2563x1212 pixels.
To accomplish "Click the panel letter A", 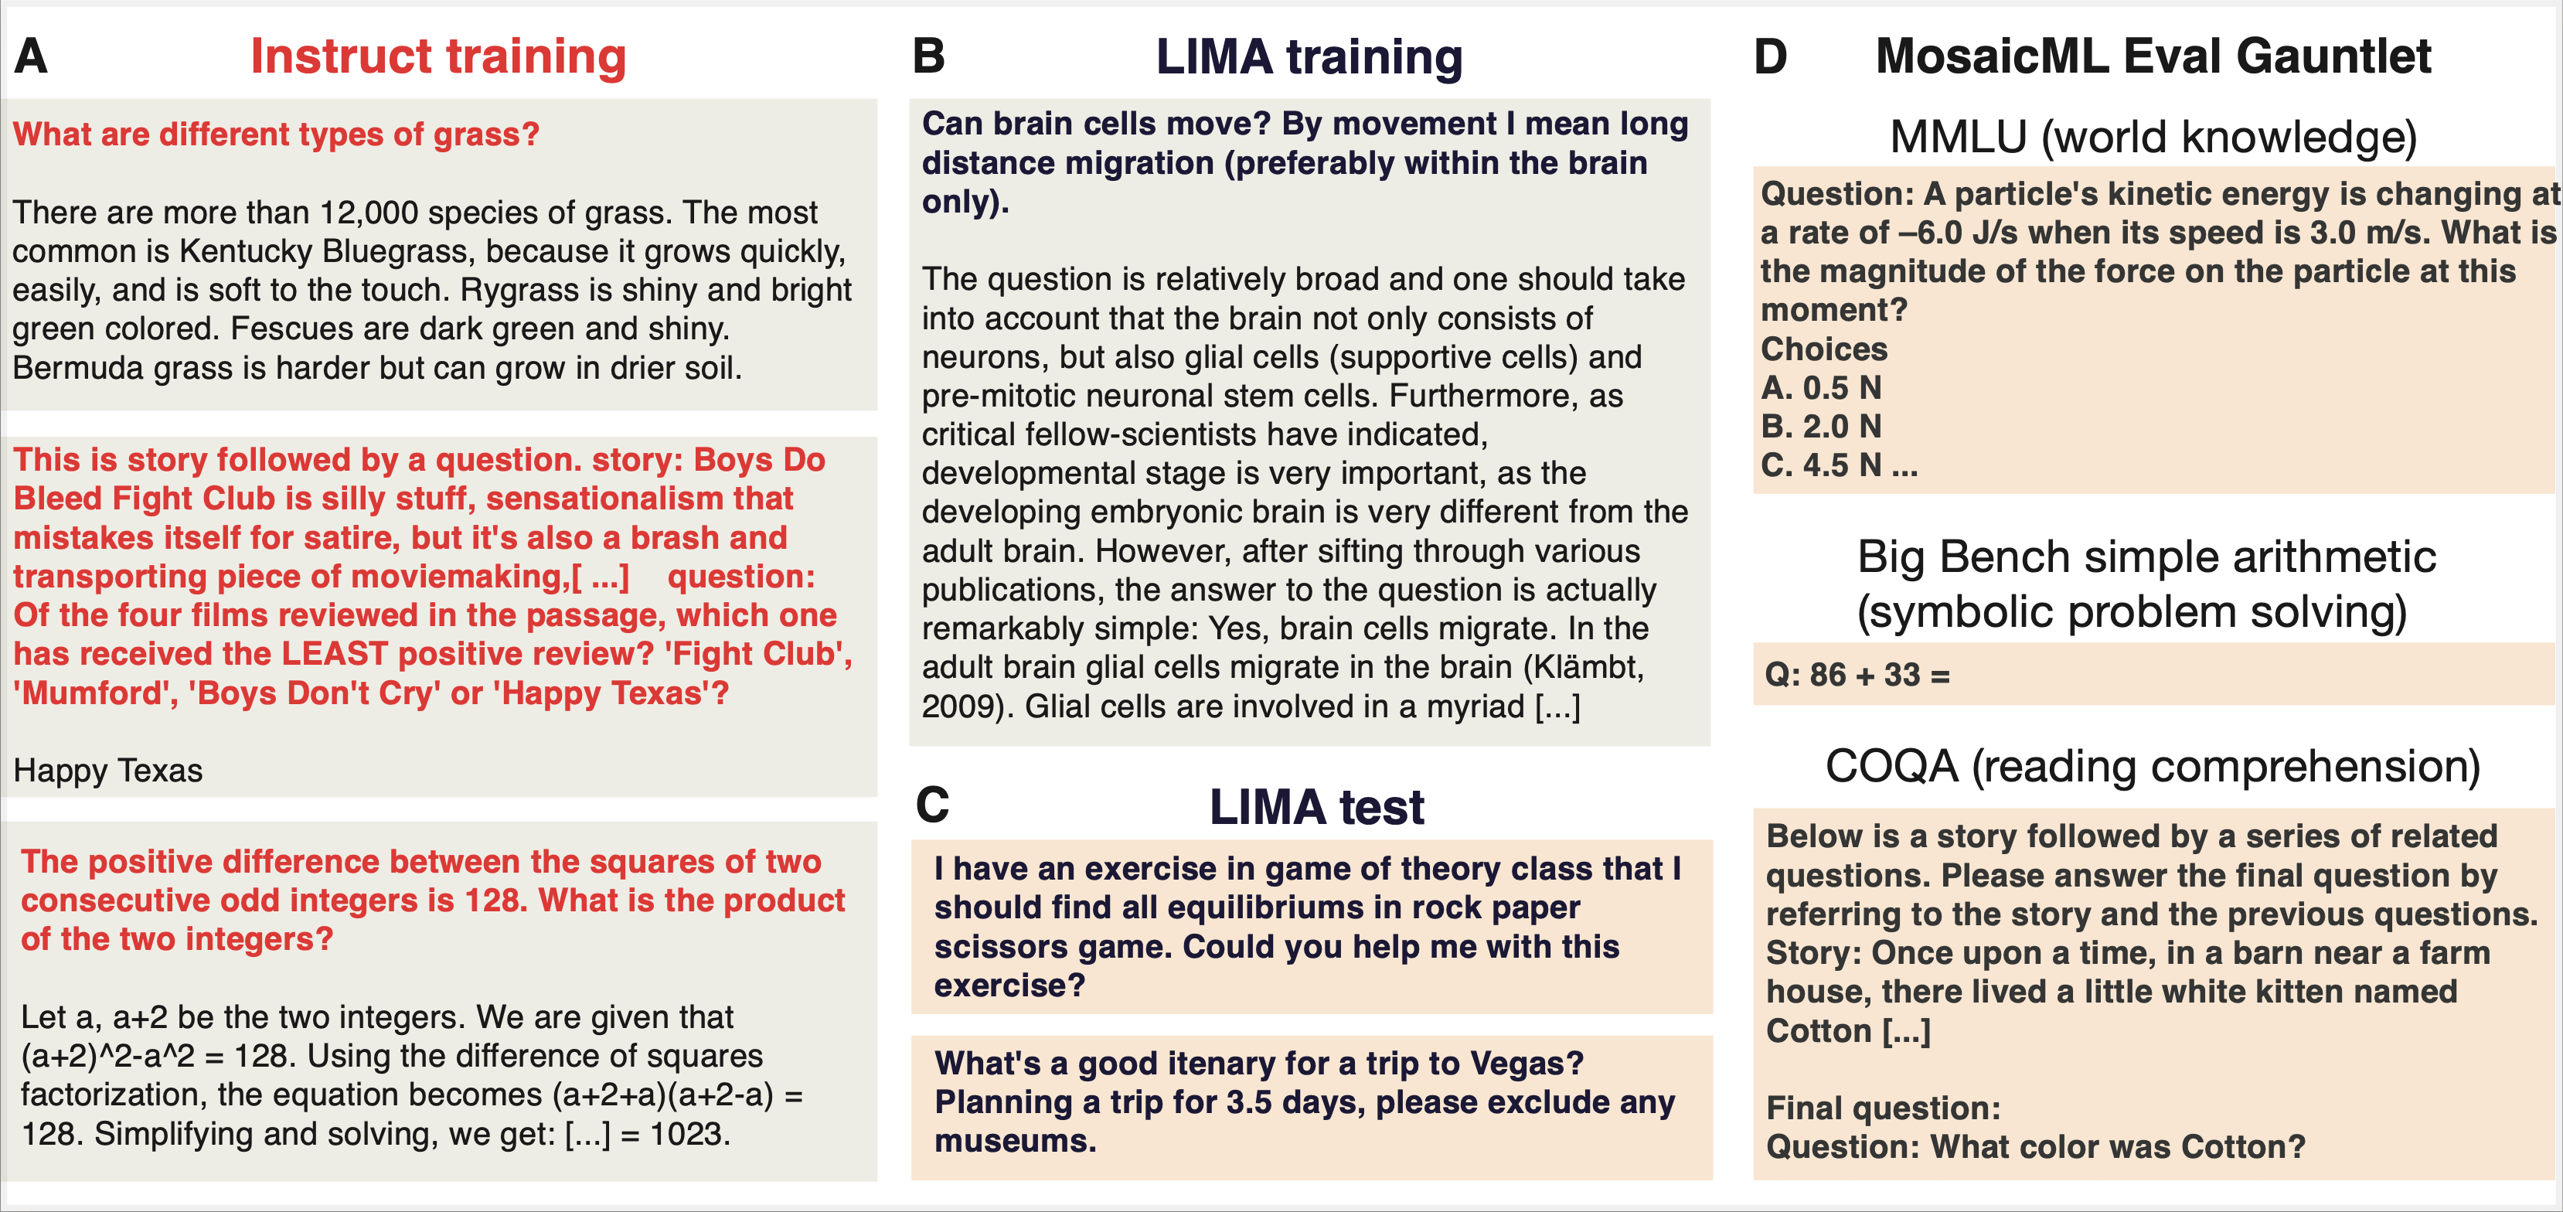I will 31,56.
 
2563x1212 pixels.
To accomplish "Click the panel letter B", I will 928,56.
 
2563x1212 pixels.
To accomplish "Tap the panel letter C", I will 932,805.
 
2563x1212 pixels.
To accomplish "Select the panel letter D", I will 1770,56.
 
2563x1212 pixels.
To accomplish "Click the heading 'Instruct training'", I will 437,56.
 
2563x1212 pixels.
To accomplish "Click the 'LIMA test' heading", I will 1316,807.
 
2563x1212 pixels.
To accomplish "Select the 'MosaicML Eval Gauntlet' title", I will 2153,56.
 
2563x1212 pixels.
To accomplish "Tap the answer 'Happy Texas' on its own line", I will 108,770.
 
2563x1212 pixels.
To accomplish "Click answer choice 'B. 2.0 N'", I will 1821,426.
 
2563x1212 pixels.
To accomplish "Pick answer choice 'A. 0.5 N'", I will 1821,387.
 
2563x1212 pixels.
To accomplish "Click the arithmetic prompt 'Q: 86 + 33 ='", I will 1857,675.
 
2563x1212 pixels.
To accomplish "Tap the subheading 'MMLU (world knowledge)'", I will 2153,138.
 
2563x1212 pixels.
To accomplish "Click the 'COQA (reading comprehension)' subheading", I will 2153,766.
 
